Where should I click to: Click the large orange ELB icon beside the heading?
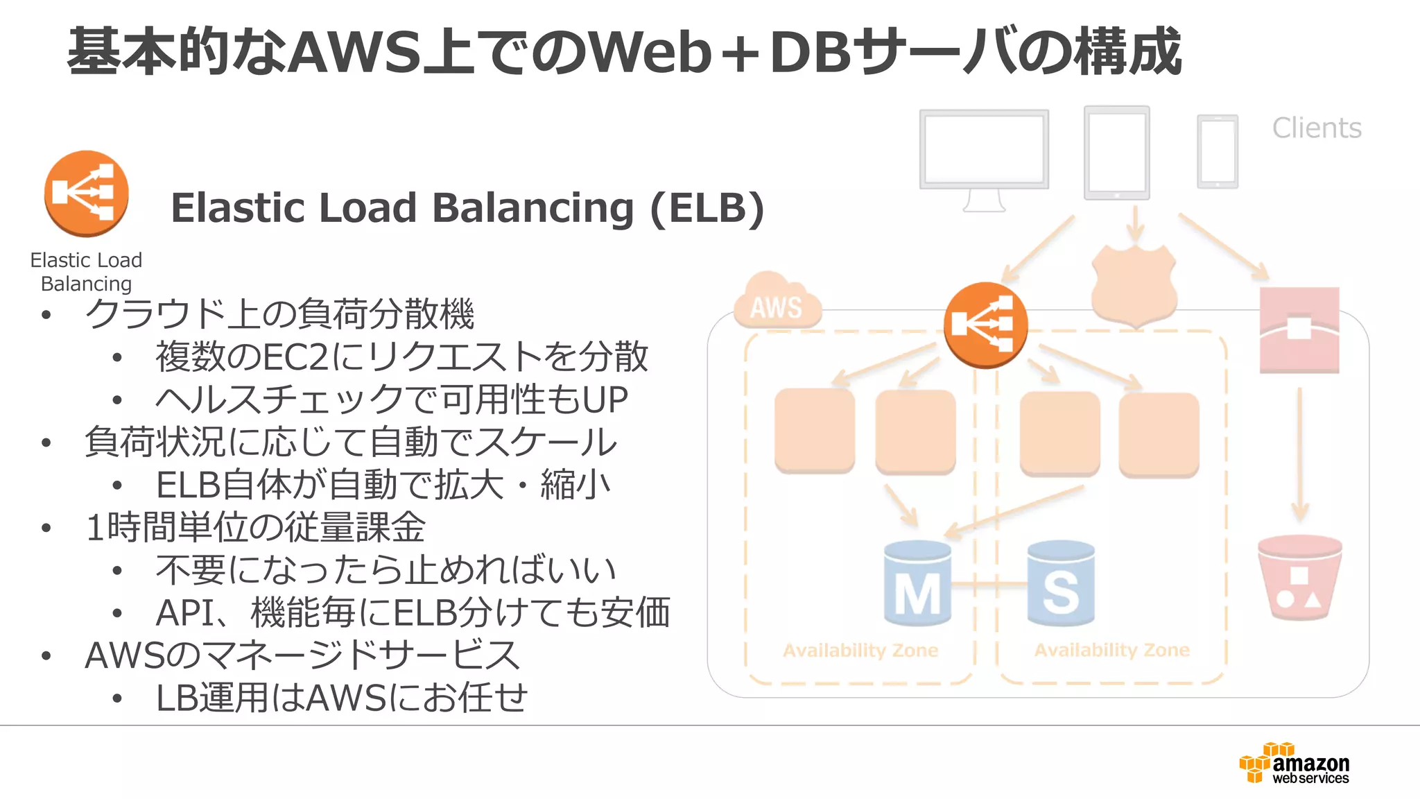(x=86, y=194)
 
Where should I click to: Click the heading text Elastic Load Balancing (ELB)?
(x=467, y=207)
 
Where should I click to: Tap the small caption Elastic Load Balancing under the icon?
(x=86, y=272)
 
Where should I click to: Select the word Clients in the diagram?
(x=1316, y=128)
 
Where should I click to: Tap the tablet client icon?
(x=1116, y=153)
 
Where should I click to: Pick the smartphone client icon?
(x=1217, y=152)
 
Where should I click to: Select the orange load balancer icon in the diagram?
(x=985, y=325)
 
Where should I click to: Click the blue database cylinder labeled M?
(x=917, y=584)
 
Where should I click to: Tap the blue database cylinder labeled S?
(x=1061, y=584)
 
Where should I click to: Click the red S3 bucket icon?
(x=1299, y=577)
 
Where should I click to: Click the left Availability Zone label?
(x=860, y=651)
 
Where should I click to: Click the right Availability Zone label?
(x=1111, y=651)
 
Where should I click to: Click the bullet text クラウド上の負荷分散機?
(x=279, y=313)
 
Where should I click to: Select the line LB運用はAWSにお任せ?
(x=341, y=698)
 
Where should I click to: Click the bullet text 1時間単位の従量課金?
(x=254, y=527)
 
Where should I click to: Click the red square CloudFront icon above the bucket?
(x=1299, y=330)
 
